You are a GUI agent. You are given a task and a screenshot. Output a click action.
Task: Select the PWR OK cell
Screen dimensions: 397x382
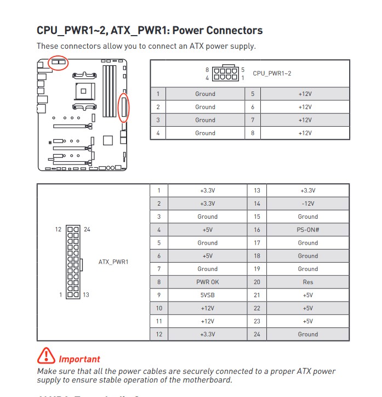207,282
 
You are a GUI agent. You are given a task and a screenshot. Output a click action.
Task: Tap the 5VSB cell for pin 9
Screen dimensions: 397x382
207,295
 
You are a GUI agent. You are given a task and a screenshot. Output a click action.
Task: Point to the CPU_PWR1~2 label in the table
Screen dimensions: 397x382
272,73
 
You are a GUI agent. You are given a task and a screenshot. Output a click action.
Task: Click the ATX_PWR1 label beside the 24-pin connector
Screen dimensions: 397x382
113,262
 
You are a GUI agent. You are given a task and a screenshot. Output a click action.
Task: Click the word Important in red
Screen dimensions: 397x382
79,360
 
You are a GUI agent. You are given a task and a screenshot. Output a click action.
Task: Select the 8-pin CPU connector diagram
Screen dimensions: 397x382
225,73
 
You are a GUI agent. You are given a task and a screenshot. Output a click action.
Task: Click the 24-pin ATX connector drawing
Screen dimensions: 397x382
72,262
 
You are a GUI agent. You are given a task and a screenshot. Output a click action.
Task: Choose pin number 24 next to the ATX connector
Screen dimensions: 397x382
87,229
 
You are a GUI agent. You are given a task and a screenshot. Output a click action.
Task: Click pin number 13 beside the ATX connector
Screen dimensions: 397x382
86,295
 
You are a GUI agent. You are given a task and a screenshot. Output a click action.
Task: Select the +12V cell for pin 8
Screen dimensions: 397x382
305,133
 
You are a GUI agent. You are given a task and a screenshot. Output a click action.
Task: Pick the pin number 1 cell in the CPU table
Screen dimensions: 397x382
158,94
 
